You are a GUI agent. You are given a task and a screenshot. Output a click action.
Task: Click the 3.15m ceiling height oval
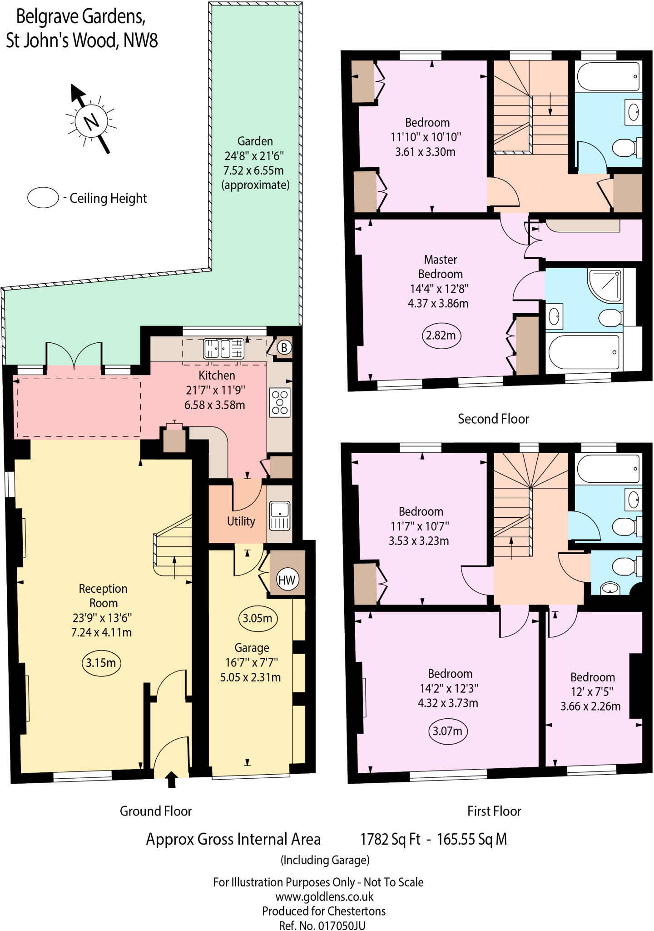(101, 663)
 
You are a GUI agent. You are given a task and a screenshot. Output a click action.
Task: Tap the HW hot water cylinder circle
(287, 580)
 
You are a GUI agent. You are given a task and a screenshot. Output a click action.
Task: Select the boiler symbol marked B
(284, 348)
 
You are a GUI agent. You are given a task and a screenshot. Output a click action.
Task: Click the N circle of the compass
(91, 121)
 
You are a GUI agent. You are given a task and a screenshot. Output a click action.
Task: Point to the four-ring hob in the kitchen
(280, 402)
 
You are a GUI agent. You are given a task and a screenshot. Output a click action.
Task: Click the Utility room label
(241, 521)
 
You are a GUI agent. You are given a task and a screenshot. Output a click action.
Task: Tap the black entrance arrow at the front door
(172, 779)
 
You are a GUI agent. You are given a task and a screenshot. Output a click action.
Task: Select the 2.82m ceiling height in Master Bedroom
(441, 335)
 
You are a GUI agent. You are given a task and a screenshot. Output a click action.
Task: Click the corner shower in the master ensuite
(604, 285)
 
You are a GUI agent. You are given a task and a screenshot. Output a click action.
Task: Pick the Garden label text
(255, 141)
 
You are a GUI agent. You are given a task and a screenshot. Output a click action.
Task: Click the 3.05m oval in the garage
(257, 618)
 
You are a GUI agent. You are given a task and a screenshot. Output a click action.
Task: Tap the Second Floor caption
(493, 419)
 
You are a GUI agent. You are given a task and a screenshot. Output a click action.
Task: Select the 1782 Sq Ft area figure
(390, 839)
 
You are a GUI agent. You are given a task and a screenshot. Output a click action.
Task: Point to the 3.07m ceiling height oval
(447, 731)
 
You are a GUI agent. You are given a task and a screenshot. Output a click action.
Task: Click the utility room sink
(280, 516)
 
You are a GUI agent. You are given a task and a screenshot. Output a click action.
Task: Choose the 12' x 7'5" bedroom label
(592, 691)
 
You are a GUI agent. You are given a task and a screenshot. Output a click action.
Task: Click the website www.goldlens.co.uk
(324, 896)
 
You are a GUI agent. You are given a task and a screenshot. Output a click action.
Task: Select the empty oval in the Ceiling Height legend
(43, 198)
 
